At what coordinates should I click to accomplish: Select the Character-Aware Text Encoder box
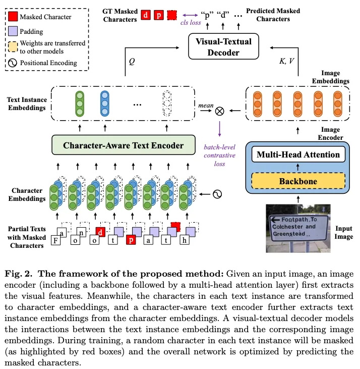point(124,145)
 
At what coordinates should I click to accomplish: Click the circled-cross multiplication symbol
point(219,111)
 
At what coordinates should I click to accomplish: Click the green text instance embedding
point(79,105)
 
